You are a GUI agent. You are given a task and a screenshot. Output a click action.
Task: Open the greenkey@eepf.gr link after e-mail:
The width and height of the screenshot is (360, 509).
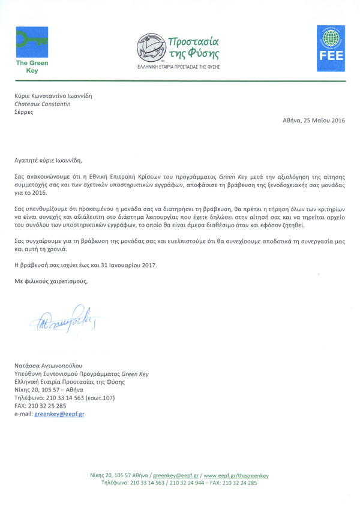(x=59, y=414)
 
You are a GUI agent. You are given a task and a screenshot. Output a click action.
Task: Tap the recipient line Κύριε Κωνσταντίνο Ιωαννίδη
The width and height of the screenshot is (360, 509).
(x=54, y=95)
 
